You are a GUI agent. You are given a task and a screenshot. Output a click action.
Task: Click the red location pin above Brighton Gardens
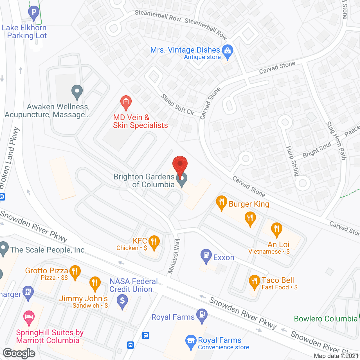(180, 166)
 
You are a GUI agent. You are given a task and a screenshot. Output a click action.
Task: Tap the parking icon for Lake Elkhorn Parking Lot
(34, 12)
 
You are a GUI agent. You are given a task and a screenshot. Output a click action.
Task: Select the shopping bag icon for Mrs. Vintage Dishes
(227, 51)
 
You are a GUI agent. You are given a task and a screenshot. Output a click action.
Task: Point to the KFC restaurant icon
(154, 242)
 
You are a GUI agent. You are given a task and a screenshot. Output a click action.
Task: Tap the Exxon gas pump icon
(206, 255)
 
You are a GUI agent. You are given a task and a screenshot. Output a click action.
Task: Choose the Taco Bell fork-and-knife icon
(254, 282)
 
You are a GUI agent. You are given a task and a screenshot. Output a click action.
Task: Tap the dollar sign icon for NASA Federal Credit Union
(122, 301)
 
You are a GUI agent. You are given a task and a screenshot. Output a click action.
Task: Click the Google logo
(19, 353)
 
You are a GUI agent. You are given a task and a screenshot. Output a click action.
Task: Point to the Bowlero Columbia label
(325, 319)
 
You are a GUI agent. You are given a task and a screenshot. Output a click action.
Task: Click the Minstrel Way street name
(174, 256)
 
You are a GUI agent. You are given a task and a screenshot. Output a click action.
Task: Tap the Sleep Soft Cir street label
(178, 105)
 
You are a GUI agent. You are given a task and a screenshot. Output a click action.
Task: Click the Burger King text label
(249, 204)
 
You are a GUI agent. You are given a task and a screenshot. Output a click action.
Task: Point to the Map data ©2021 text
(336, 356)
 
